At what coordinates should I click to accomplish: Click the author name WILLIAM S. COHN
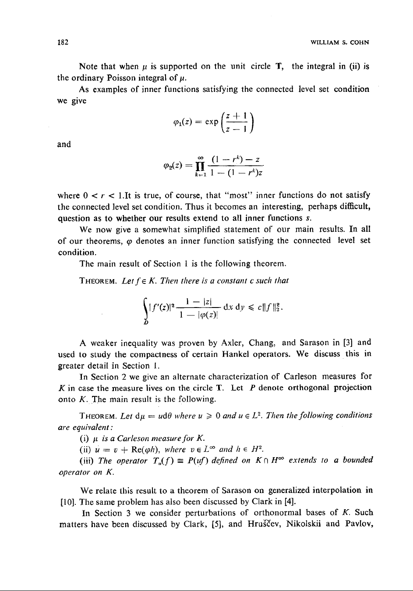click(340, 43)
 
